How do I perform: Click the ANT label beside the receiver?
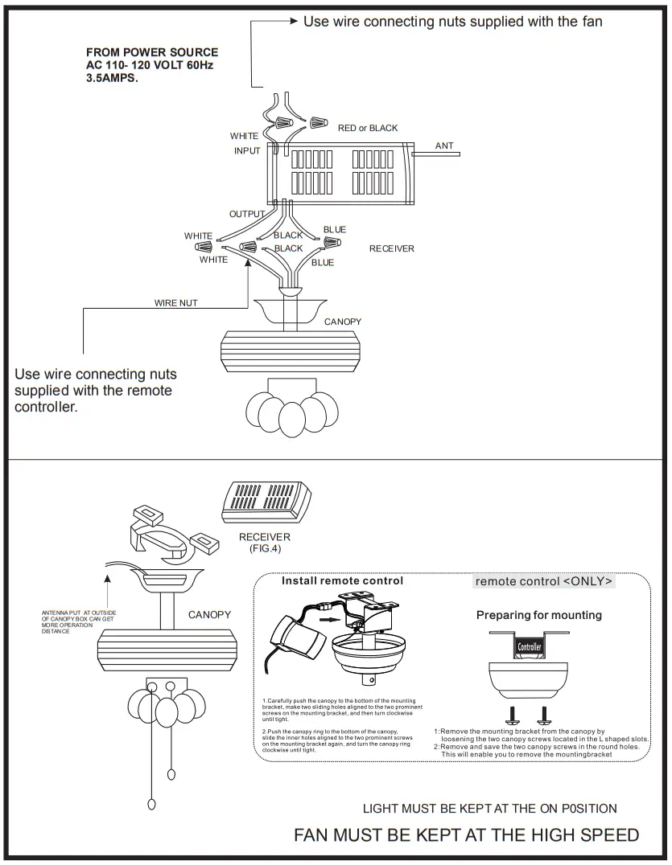point(444,146)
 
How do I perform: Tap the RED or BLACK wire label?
point(367,128)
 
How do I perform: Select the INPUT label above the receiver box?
point(247,150)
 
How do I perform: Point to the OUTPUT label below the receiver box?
point(247,214)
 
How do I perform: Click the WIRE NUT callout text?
point(175,303)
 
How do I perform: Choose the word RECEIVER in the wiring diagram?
point(392,248)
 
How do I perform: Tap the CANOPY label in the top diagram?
point(343,322)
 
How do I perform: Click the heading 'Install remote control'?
point(342,580)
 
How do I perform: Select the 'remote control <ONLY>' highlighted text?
point(543,581)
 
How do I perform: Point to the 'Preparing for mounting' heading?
point(538,615)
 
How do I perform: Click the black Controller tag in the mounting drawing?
point(529,646)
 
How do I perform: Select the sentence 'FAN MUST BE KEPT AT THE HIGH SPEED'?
point(466,834)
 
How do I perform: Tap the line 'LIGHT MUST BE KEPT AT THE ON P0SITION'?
point(489,808)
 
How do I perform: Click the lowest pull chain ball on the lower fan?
point(151,805)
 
